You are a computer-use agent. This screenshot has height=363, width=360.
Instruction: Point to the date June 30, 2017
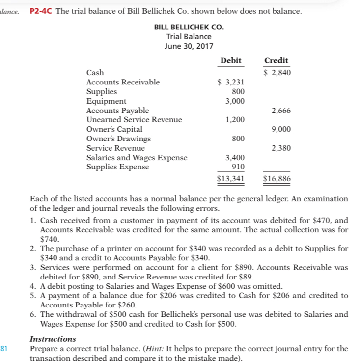tap(189, 46)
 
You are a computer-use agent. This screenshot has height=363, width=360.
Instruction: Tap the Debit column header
tap(230, 60)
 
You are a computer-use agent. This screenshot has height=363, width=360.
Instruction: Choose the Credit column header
tap(276, 60)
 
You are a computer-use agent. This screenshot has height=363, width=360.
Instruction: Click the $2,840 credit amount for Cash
tap(277, 73)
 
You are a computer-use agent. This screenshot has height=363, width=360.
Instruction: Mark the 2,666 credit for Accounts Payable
tap(281, 111)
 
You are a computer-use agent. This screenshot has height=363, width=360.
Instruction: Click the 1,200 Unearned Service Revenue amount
tap(235, 120)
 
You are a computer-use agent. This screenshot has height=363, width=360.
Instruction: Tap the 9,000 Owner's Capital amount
tap(281, 129)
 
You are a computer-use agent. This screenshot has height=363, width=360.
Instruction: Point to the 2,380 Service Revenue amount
tap(281, 148)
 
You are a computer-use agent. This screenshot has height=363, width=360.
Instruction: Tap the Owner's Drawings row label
tap(118, 139)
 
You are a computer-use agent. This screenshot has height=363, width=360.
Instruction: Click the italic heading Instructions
tap(53, 339)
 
